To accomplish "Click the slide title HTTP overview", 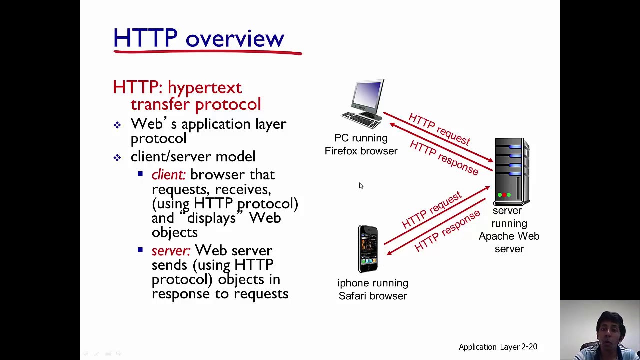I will click(198, 39).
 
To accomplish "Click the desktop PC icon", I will click(364, 103).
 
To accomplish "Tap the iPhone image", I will click(368, 248).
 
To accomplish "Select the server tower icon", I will click(511, 172).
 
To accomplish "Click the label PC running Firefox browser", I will click(361, 144).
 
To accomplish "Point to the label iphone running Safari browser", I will click(373, 289).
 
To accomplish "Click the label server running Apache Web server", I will click(509, 230).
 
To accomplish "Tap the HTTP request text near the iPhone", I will click(431, 210).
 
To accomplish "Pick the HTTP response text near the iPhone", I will click(447, 231).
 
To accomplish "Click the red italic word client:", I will click(168, 175).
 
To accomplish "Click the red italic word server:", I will click(171, 251).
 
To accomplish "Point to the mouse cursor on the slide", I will click(360, 185).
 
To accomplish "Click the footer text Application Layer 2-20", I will click(498, 347).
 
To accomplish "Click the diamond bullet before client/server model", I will click(117, 158).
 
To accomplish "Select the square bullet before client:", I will click(140, 174).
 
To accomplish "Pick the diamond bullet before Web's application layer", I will click(117, 125).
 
